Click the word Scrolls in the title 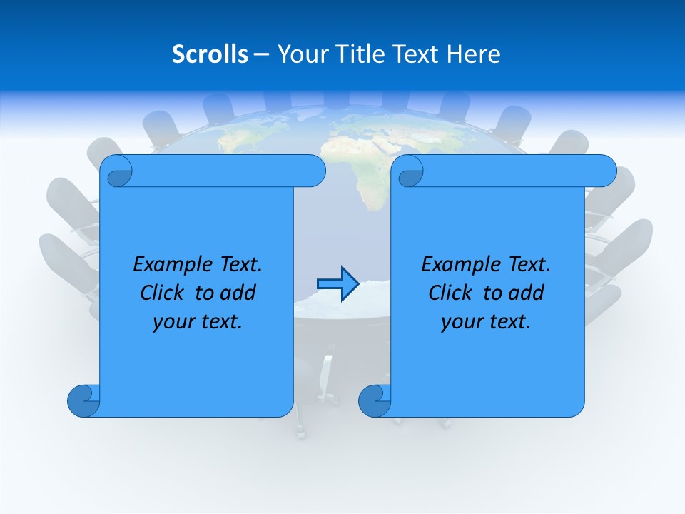pyautogui.click(x=210, y=54)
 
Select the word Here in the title pyautogui.click(x=474, y=54)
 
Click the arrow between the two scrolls pyautogui.click(x=337, y=284)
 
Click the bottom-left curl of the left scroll pyautogui.click(x=83, y=400)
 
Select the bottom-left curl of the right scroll pyautogui.click(x=374, y=400)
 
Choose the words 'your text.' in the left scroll pyautogui.click(x=198, y=321)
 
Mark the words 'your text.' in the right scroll pyautogui.click(x=486, y=321)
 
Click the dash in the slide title pyautogui.click(x=261, y=54)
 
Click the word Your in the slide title pyautogui.click(x=300, y=54)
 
